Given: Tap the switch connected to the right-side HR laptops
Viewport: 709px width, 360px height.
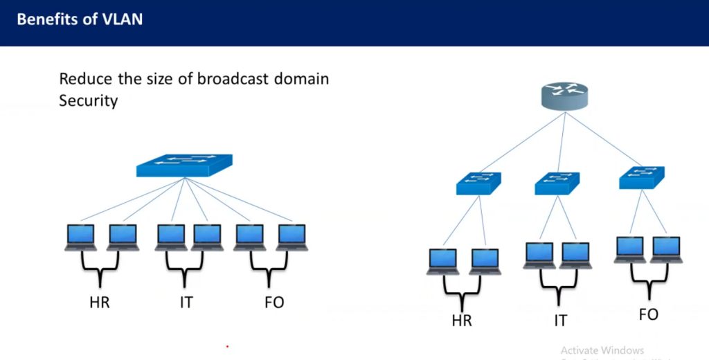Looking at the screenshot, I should [x=478, y=183].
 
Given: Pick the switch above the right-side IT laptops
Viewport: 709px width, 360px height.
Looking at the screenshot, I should [x=557, y=183].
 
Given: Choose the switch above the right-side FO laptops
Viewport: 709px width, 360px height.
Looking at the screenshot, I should [x=642, y=178].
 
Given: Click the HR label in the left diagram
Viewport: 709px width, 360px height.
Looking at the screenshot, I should [x=99, y=303].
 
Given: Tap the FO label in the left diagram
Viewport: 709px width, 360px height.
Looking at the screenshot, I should [x=274, y=303].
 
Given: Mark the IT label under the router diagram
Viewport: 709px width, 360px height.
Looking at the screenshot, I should [x=559, y=321].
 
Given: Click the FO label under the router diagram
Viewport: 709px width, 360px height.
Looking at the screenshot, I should [x=648, y=314].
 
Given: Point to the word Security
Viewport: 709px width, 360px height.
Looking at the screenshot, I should [x=89, y=100].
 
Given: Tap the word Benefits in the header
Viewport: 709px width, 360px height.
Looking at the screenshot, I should [x=47, y=19].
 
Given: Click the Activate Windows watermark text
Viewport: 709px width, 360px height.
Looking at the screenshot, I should [x=602, y=350].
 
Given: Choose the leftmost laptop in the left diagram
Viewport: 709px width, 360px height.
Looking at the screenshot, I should [x=81, y=237].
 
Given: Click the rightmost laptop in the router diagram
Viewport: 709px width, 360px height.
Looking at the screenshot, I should [x=666, y=249].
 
